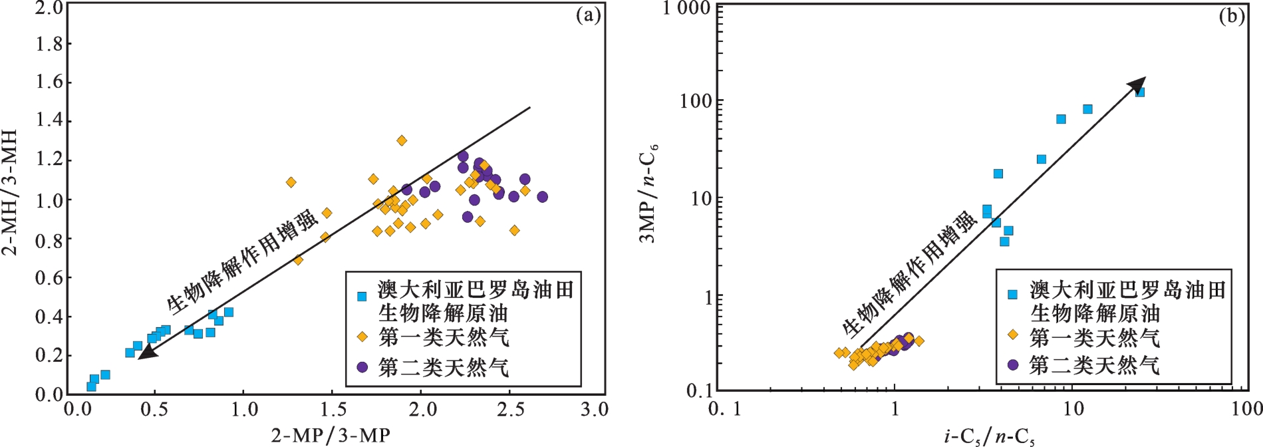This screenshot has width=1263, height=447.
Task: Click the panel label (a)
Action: click(588, 15)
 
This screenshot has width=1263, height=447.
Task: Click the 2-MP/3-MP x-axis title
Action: click(331, 436)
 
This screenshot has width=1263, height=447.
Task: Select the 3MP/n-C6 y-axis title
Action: click(648, 193)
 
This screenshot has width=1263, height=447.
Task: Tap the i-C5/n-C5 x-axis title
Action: click(990, 437)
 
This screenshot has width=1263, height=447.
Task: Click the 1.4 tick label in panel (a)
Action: click(49, 120)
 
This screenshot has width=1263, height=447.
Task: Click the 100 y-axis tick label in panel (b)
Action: click(694, 102)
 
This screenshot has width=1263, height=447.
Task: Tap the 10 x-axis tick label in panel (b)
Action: click(1073, 408)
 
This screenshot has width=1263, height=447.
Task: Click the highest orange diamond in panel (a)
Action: click(402, 140)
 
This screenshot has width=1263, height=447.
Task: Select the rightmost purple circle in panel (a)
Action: click(542, 197)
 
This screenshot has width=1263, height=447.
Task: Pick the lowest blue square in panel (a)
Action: click(91, 386)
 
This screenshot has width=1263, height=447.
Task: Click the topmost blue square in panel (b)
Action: click(1139, 92)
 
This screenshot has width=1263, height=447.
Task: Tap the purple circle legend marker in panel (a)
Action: click(362, 367)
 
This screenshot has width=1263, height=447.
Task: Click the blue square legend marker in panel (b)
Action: click(1012, 294)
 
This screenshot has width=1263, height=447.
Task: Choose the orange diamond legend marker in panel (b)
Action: click(1012, 335)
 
